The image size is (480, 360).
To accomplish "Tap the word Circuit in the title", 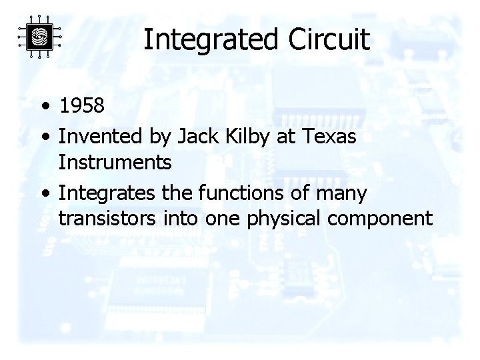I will pos(329,40).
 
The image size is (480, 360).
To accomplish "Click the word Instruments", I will pos(115,162).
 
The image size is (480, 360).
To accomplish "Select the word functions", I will pos(237,193).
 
